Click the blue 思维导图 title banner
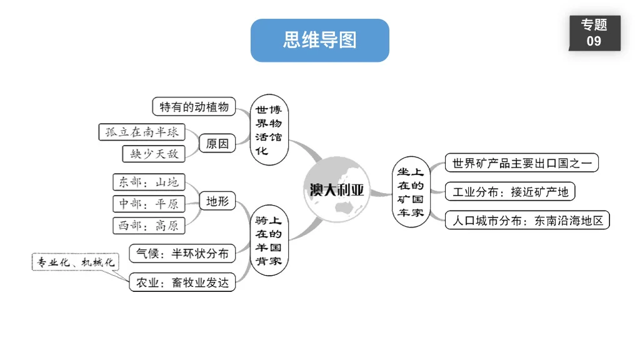point(319,41)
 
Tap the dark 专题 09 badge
point(594,33)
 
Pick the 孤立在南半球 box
point(142,132)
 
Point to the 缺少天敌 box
point(154,153)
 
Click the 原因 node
point(217,144)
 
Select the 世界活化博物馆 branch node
point(269,130)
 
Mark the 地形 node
point(217,201)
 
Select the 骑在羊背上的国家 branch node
point(269,241)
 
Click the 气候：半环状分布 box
point(182,253)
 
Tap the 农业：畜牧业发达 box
point(182,282)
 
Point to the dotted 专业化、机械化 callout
point(75,262)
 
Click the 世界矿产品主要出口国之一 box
point(521,164)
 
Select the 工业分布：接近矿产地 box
point(510,192)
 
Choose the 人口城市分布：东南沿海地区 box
point(527,220)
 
